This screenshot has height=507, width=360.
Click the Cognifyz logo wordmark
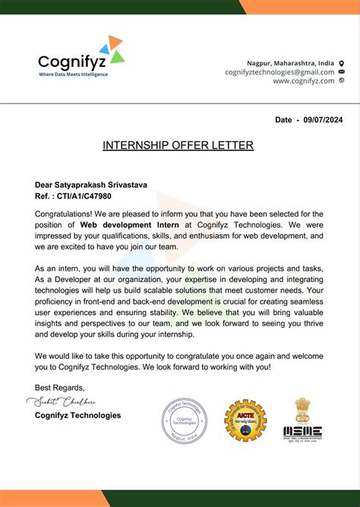click(x=69, y=61)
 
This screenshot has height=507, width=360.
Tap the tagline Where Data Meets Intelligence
click(x=74, y=74)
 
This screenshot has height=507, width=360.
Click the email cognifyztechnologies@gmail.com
click(x=279, y=71)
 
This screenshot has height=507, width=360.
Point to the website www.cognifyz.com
click(x=303, y=81)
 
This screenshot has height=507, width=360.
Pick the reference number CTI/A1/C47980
click(x=84, y=195)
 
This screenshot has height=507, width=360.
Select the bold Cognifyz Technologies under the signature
click(x=77, y=415)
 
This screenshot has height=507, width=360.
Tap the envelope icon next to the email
click(x=341, y=71)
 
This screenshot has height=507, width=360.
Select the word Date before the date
click(x=283, y=120)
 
